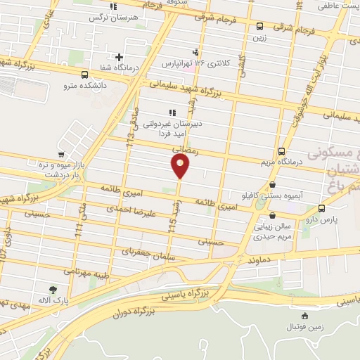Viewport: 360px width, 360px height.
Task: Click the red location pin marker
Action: coord(180,166)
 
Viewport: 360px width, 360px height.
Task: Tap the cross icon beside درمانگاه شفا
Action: coord(119,58)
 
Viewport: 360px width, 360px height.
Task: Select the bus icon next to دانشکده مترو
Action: coord(85,75)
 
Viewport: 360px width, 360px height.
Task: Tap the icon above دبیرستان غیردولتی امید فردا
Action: coord(172,112)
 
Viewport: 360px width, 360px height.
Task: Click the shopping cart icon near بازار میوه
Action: coord(62,154)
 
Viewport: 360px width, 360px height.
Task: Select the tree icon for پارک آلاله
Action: coord(53,289)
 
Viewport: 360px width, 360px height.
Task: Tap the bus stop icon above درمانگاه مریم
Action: coord(282,150)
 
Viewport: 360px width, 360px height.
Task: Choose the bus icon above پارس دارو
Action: coord(322,209)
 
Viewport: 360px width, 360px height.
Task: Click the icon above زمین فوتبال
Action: coord(304,316)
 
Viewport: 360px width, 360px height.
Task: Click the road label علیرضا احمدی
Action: coord(129,210)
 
